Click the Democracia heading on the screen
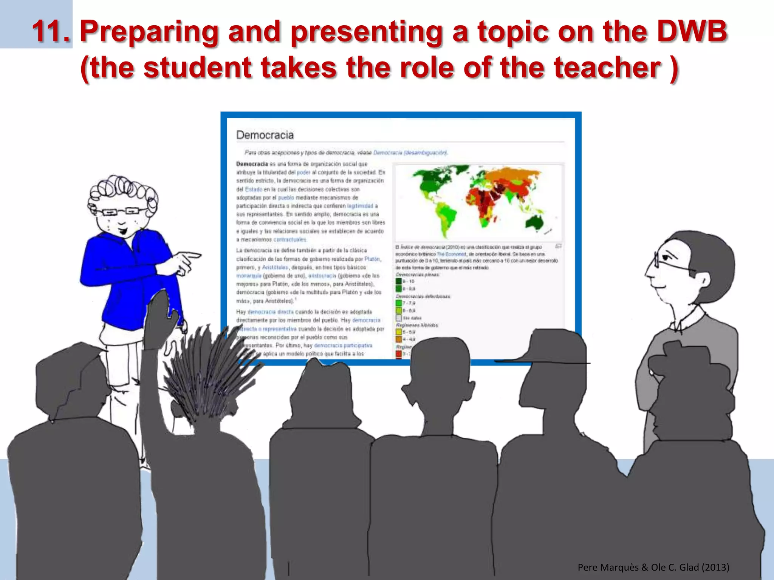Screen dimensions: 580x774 [265, 135]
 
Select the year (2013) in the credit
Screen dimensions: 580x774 [715, 567]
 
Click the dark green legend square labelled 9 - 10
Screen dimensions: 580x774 [399, 281]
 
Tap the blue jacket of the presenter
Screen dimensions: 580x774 [128, 279]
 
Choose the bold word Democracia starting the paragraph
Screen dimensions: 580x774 [252, 164]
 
